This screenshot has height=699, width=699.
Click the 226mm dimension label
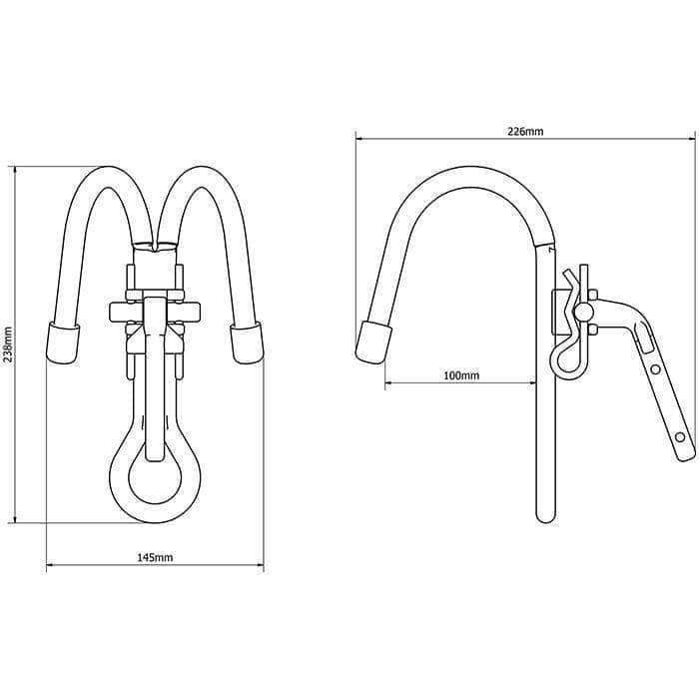point(525,131)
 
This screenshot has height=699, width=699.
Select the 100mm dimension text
point(461,375)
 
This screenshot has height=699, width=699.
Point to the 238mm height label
point(8,346)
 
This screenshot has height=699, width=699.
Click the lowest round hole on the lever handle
point(680,437)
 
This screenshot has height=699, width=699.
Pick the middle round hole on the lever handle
point(656,369)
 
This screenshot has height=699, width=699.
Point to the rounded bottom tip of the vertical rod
point(543,517)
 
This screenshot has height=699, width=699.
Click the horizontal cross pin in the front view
point(155,309)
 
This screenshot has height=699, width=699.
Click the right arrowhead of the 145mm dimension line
point(261,566)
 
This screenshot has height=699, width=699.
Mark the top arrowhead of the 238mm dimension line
point(14,169)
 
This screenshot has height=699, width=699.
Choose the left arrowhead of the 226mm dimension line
point(358,139)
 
